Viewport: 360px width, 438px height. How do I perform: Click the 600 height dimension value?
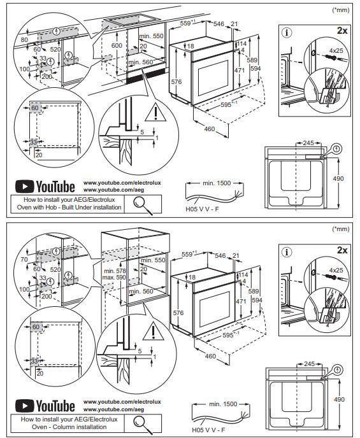[117, 45]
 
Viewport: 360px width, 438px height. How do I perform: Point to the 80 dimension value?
[24, 40]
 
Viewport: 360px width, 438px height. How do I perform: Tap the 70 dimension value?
[24, 259]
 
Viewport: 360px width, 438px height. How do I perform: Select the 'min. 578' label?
[115, 271]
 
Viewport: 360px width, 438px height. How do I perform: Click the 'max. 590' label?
[114, 278]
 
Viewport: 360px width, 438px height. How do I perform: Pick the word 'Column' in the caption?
[64, 427]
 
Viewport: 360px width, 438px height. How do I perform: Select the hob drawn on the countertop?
[131, 20]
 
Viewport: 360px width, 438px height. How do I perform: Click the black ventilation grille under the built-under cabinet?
[147, 75]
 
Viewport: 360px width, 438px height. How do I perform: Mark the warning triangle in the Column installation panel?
[153, 332]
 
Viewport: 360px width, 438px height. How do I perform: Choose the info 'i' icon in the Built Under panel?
[287, 33]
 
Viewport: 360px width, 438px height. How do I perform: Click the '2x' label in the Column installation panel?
[342, 250]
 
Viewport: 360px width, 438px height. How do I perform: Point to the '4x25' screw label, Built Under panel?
[336, 50]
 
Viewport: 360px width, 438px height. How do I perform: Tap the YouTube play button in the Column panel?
[25, 406]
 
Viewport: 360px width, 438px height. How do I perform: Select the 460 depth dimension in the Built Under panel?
[210, 129]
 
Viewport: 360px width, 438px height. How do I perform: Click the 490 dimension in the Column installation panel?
[339, 399]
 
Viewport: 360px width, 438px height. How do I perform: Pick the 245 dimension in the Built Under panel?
[308, 143]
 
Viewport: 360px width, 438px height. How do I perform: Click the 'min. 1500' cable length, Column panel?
[223, 404]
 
